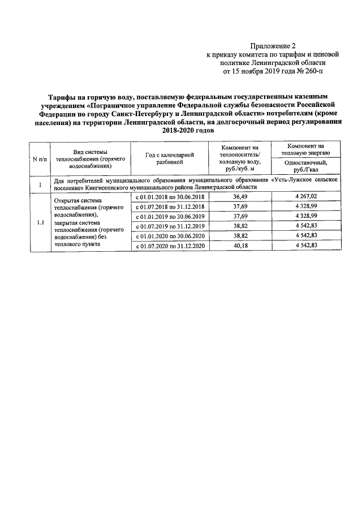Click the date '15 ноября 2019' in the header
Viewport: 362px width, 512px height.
(x=260, y=72)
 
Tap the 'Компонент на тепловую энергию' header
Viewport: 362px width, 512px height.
(x=306, y=149)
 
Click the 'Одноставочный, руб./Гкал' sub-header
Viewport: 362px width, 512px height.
(x=306, y=165)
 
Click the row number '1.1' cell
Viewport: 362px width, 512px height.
(x=40, y=222)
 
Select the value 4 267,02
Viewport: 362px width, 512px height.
(x=306, y=196)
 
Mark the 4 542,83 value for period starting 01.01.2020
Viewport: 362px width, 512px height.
(x=306, y=236)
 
